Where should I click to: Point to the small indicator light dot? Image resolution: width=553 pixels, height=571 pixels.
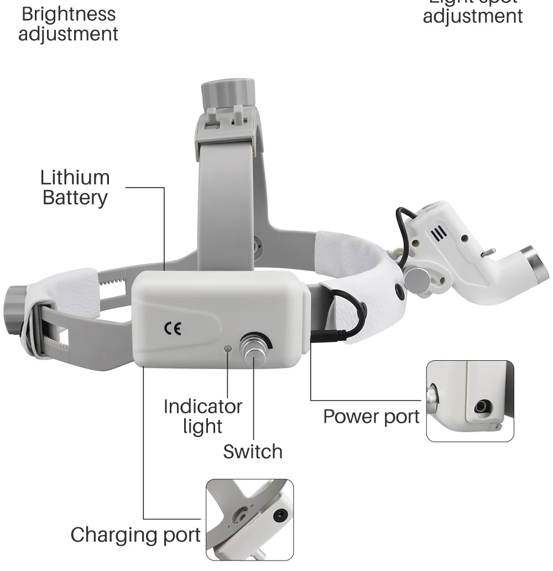click(x=227, y=349)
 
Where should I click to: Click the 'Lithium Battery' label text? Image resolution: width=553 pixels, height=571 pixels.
click(x=75, y=188)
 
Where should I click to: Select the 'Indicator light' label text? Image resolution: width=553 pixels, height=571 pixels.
click(x=203, y=416)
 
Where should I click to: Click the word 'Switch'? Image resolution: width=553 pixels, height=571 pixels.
click(x=253, y=451)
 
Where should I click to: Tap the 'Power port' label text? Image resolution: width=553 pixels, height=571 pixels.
click(x=371, y=416)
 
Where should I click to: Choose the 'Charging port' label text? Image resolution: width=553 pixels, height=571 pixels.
click(x=135, y=534)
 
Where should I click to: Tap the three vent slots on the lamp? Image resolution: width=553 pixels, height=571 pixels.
click(x=439, y=233)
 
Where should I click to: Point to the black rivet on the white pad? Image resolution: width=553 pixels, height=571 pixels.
click(x=399, y=289)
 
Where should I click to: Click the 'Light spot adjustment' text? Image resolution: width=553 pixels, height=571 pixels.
click(x=473, y=11)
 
